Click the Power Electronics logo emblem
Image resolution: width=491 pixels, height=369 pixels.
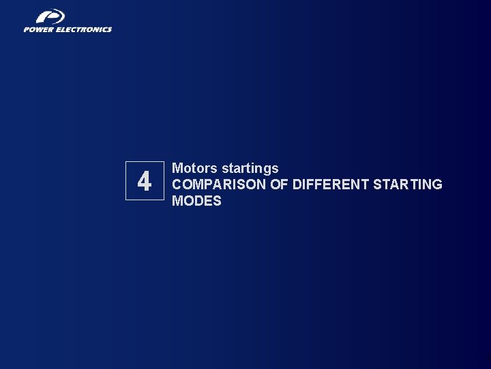tap(49, 16)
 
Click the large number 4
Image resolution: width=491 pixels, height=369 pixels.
tap(144, 182)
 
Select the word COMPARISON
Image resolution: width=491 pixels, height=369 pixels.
tap(219, 184)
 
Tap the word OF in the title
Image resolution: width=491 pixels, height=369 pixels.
tap(280, 184)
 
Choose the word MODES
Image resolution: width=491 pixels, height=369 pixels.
tap(196, 201)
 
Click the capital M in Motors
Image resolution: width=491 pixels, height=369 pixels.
tap(177, 168)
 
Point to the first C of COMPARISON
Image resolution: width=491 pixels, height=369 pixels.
tap(177, 184)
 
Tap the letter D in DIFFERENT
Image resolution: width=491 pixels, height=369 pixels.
tap(297, 184)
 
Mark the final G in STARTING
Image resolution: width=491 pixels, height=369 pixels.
tap(437, 184)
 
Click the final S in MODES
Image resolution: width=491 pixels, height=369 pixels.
tap(217, 201)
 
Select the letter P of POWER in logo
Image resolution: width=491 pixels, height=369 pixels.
tap(27, 29)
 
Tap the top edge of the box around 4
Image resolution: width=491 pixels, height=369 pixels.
tap(145, 162)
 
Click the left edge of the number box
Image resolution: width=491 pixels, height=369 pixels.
tap(125, 181)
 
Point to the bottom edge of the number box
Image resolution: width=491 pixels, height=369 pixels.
tap(145, 200)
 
